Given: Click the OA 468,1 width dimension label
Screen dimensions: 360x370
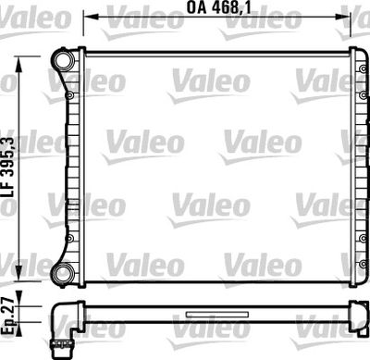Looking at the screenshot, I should point(219,12).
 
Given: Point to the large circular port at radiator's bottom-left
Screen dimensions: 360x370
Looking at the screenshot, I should point(64,274).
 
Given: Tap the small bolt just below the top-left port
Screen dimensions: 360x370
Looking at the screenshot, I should point(71,93).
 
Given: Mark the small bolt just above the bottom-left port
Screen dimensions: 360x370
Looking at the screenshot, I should point(71,241).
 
